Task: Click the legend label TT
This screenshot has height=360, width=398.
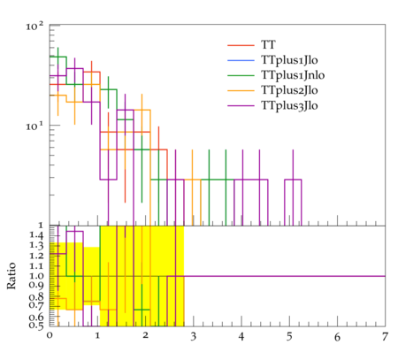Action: click(x=268, y=45)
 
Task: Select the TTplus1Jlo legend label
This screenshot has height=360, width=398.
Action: click(x=289, y=60)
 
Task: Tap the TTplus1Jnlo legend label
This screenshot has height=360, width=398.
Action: click(x=293, y=75)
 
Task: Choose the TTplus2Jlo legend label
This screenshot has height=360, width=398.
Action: click(x=289, y=90)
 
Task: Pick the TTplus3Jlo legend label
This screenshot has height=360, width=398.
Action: click(x=289, y=105)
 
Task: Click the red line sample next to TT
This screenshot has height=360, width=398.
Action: click(x=241, y=45)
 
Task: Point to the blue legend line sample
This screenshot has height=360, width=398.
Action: click(x=241, y=60)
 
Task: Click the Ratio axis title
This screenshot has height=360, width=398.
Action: click(x=11, y=276)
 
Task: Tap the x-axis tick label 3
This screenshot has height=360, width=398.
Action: click(x=193, y=337)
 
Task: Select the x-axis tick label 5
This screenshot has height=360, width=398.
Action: click(x=289, y=337)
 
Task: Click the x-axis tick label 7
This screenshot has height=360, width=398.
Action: click(x=385, y=337)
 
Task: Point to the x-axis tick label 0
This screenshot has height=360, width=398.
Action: click(x=50, y=336)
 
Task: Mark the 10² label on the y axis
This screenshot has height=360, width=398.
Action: click(x=34, y=27)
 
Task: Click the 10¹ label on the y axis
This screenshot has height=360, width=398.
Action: click(x=34, y=126)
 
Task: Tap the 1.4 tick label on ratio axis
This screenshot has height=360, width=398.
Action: click(x=36, y=235)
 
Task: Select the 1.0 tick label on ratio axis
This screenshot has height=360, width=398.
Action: click(x=36, y=276)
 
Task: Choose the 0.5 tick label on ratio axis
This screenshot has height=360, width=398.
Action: click(x=36, y=326)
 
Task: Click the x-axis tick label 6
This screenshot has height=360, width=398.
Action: click(x=337, y=337)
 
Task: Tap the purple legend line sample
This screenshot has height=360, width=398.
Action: click(x=241, y=105)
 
